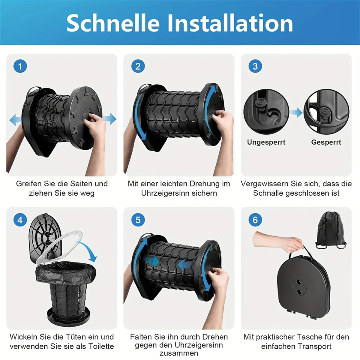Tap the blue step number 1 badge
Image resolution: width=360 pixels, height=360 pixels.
tap(20, 66)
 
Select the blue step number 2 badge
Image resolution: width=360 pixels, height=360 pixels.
tap(138, 66)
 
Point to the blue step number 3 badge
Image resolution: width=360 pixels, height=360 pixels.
tap(255, 66)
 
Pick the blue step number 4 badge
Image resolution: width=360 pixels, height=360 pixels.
tap(20, 220)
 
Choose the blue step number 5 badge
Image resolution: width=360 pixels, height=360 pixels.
tap(138, 220)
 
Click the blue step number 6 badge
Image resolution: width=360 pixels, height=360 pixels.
tap(255, 220)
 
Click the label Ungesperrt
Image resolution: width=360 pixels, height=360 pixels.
tap(266, 142)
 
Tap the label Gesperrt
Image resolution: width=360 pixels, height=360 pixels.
tap(326, 142)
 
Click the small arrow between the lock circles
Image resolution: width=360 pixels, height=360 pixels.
tap(296, 113)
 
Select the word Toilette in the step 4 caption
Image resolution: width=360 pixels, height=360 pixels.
tap(101, 346)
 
